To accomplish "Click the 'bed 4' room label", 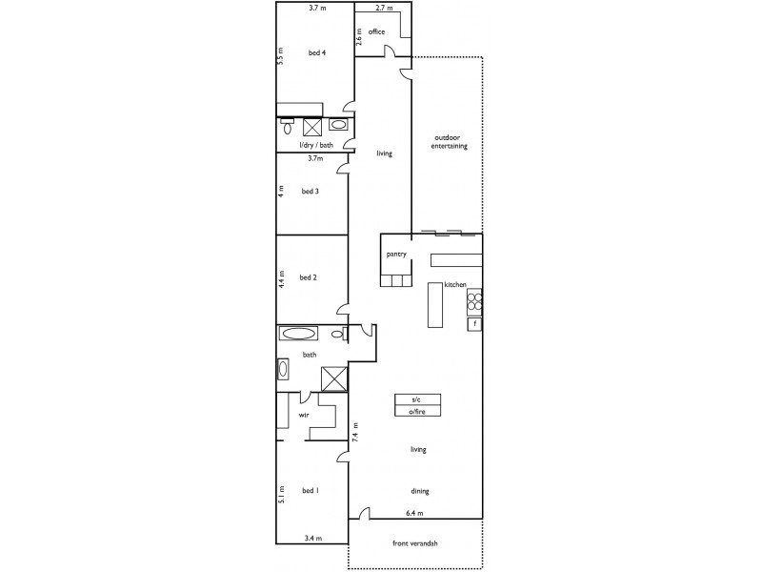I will coord(316,53).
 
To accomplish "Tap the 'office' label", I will coord(376,31).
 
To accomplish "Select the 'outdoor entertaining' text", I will coord(450,141).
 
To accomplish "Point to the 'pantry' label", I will coord(397,255).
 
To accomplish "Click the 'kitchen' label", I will coord(453,285).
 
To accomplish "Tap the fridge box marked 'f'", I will coord(473,324).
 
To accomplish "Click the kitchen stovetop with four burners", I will coord(473,302).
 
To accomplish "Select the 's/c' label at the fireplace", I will coord(416,398).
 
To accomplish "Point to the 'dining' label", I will coord(420,492).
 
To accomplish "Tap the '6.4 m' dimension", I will coord(414,514).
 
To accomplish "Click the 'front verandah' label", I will coord(415,544).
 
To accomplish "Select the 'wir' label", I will coord(304,416).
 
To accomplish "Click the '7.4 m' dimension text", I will coord(354,435).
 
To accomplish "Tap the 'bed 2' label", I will coord(308,278).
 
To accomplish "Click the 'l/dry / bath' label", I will coord(316,145).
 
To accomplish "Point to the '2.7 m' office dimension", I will coord(385,8).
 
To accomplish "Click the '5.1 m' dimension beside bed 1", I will coord(281,497).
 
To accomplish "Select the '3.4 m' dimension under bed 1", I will coord(312,539).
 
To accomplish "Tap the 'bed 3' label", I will coord(310,191).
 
